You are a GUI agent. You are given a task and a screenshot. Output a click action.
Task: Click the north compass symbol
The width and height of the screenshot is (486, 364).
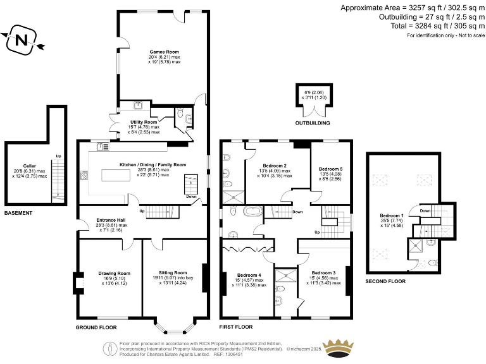pyautogui.click(x=22, y=40)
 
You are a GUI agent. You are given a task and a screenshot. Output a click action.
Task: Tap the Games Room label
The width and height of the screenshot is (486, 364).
pyautogui.click(x=164, y=52)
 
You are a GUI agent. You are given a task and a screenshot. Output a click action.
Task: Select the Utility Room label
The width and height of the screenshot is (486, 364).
pyautogui.click(x=144, y=122)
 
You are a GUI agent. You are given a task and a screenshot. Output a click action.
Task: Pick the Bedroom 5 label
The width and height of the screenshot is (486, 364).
pyautogui.click(x=331, y=169)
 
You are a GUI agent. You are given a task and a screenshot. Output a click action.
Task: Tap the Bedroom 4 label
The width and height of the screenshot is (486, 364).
pyautogui.click(x=249, y=275)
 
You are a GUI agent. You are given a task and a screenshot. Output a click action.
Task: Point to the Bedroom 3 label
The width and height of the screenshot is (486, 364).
pyautogui.click(x=323, y=272)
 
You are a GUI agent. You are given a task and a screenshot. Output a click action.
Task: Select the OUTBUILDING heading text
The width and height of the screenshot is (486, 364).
pyautogui.click(x=313, y=123)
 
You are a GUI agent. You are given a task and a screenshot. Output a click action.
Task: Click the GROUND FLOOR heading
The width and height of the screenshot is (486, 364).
pyautogui.click(x=97, y=327)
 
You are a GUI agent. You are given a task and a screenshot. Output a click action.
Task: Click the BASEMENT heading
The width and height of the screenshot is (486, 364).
pyautogui.click(x=18, y=213)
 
